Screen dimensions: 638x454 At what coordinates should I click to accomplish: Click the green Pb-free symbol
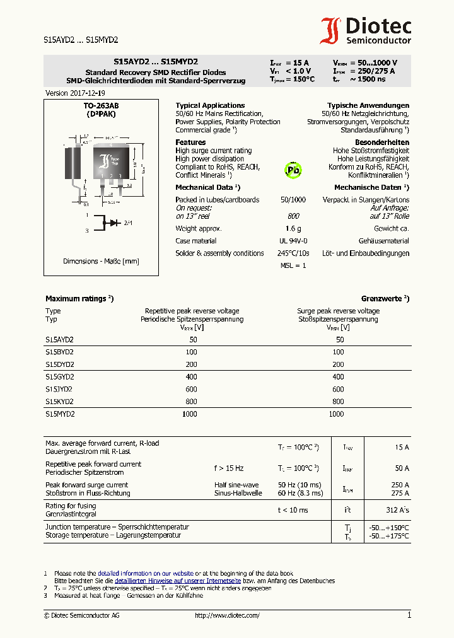click(293, 169)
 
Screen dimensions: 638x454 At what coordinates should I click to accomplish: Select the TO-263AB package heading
click(101, 107)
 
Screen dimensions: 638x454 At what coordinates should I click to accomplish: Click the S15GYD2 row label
click(60, 376)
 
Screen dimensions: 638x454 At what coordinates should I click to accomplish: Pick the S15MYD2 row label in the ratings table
click(60, 414)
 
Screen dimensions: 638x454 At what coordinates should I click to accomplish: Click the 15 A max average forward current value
click(402, 447)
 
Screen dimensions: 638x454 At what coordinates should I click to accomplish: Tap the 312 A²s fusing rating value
click(397, 510)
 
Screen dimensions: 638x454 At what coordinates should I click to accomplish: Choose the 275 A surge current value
click(400, 493)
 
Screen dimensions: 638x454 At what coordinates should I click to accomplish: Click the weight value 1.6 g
click(293, 229)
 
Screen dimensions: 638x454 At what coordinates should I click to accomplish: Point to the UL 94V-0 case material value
click(293, 241)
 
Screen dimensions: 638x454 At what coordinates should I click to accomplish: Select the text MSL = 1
click(293, 265)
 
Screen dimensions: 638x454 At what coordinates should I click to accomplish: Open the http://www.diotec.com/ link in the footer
click(227, 615)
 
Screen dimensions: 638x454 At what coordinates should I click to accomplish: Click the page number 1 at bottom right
click(409, 615)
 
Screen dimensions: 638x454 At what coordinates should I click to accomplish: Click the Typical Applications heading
click(210, 105)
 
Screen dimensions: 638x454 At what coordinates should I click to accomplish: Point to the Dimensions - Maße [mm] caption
click(101, 261)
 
